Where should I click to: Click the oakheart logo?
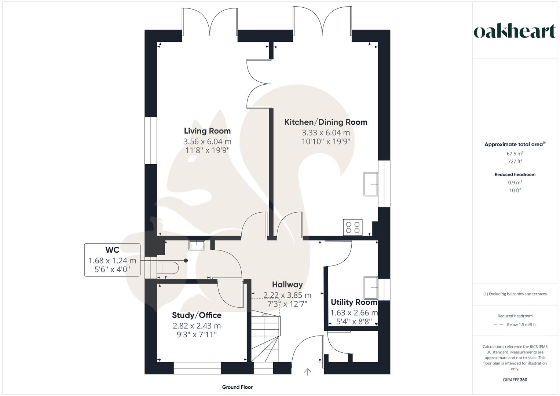pyautogui.click(x=515, y=32)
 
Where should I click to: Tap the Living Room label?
pyautogui.click(x=207, y=131)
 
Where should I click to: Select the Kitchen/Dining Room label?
pyautogui.click(x=326, y=122)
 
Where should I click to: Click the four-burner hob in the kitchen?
pyautogui.click(x=353, y=227)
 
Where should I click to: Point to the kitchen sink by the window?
pyautogui.click(x=371, y=184)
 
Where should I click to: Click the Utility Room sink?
pyautogui.click(x=371, y=288)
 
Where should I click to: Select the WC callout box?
pyautogui.click(x=112, y=260)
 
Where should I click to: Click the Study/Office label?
pyautogui.click(x=197, y=315)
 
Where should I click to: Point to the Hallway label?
pyautogui.click(x=288, y=285)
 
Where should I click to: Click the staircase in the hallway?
pyautogui.click(x=265, y=336)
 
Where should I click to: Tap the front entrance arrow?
pyautogui.click(x=307, y=372)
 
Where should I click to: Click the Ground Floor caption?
pyautogui.click(x=237, y=387)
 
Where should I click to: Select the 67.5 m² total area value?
pyautogui.click(x=515, y=154)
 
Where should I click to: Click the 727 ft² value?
pyautogui.click(x=515, y=162)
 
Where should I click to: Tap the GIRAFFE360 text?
pyautogui.click(x=515, y=380)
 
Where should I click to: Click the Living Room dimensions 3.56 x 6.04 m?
pyautogui.click(x=207, y=142)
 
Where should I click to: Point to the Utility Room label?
pyautogui.click(x=354, y=302)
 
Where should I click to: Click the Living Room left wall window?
pyautogui.click(x=150, y=140)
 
